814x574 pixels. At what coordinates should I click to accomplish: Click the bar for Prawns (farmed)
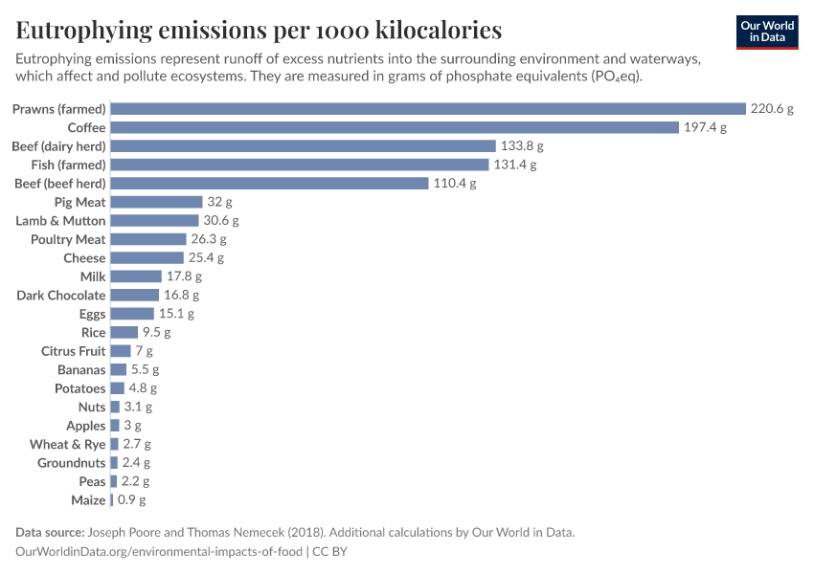(x=428, y=109)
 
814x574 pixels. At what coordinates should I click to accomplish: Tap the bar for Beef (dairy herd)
(x=304, y=146)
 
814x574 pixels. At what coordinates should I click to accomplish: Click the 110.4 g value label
(x=455, y=184)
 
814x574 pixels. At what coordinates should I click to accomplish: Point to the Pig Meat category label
(x=80, y=202)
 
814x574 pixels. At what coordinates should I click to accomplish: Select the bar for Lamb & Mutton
(x=154, y=221)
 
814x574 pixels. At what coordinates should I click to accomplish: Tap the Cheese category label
(x=84, y=258)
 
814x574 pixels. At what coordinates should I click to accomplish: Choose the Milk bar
(x=136, y=276)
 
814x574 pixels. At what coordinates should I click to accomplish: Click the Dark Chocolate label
(x=60, y=296)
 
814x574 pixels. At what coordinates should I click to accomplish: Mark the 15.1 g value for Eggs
(x=176, y=314)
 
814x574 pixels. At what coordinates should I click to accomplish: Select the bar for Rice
(x=124, y=333)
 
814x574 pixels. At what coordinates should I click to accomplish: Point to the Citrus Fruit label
(x=73, y=351)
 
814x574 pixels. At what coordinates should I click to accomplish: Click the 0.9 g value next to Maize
(x=132, y=500)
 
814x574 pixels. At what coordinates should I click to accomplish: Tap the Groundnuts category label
(x=72, y=463)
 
